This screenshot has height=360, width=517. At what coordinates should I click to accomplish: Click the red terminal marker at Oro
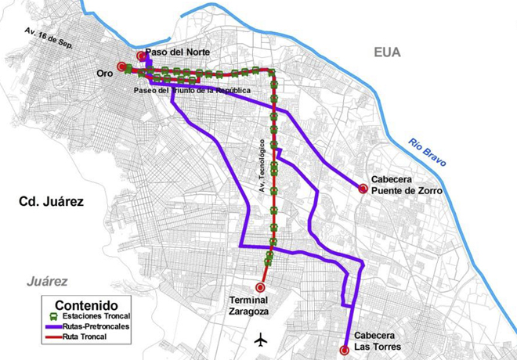pos(121,67)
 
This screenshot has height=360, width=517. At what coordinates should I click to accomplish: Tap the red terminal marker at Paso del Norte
pos(141,56)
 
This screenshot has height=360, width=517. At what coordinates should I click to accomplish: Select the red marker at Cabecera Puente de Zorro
pos(363,189)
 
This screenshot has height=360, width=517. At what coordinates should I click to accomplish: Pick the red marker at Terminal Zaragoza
pos(260,286)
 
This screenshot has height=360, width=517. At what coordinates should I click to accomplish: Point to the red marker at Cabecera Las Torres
pos(345,350)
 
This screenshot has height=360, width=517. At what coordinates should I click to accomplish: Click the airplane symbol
pos(261,340)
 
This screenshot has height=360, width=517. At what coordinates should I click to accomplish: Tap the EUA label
pos(387,52)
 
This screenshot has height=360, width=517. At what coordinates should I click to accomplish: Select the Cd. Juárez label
pos(51,202)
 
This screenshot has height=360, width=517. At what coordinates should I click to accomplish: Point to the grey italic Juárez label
pos(46,281)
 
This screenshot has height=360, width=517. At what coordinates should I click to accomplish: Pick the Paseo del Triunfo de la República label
pos(185,91)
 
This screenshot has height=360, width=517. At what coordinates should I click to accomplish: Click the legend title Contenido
pos(86,304)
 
